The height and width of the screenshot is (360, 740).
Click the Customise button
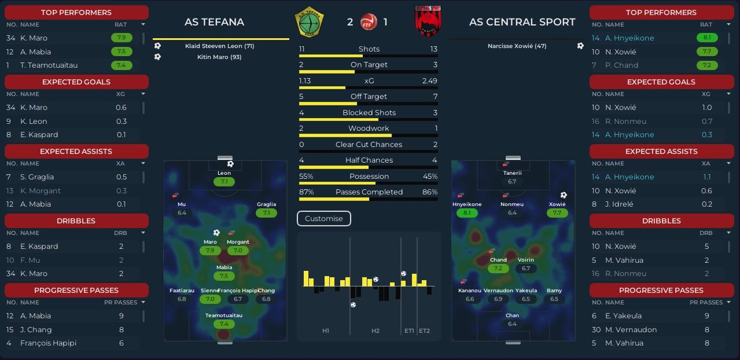(324, 219)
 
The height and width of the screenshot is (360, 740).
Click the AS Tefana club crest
(309, 22)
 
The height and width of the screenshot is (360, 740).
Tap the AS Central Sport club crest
(428, 21)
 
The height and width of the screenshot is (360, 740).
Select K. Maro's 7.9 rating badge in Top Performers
(122, 38)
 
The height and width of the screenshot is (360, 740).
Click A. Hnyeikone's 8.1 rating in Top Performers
(707, 38)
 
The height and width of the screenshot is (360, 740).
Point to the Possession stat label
(369, 176)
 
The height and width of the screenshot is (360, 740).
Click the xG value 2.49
(429, 81)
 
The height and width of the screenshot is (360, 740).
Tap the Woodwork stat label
(369, 128)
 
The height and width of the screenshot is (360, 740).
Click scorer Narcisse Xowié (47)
(517, 46)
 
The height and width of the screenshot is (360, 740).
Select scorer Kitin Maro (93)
(219, 57)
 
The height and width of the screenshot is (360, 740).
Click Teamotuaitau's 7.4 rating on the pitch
(224, 324)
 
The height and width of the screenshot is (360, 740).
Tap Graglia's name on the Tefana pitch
(266, 204)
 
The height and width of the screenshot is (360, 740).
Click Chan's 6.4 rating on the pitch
(512, 324)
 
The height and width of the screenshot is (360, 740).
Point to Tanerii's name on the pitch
(513, 173)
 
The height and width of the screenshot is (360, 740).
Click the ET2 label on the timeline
(424, 330)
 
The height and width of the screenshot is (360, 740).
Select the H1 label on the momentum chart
(325, 330)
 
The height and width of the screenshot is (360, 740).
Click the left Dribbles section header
(76, 221)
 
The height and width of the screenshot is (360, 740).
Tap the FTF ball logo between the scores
(369, 22)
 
